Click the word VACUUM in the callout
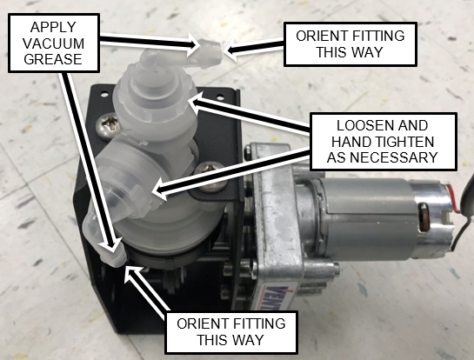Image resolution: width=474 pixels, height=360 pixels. (53, 43)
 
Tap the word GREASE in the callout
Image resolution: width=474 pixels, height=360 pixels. (53, 58)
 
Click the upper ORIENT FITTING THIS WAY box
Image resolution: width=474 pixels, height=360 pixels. (350, 44)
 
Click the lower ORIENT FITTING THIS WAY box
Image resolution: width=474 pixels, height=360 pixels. (231, 332)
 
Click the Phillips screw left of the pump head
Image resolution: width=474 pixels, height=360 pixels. (108, 125)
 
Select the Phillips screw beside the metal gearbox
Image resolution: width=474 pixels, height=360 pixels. (210, 177)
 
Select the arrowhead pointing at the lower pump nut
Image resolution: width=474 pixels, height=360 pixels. (159, 191)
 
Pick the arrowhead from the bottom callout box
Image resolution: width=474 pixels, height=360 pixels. (132, 273)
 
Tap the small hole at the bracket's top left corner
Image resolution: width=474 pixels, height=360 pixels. (104, 95)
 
